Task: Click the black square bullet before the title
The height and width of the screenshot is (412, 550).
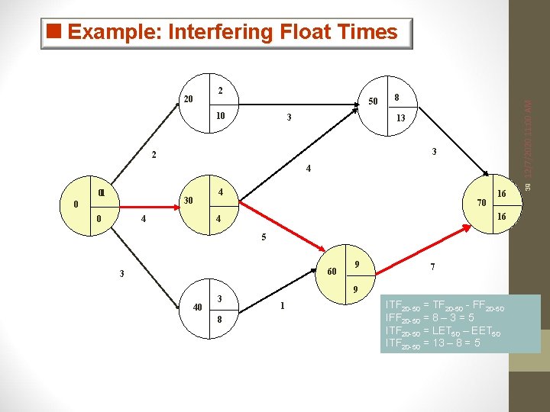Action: click(x=53, y=32)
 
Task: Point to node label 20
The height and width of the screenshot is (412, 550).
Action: click(x=189, y=99)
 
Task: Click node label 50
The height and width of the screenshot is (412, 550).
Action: click(x=373, y=101)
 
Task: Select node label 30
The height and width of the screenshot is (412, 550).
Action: click(x=186, y=201)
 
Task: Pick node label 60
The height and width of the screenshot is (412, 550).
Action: click(x=332, y=272)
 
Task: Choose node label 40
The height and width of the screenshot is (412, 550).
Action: click(x=198, y=307)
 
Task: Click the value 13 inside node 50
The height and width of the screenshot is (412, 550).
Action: click(x=400, y=118)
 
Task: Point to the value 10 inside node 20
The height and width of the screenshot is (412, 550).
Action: click(x=220, y=116)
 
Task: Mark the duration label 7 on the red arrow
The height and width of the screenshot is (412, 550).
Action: click(x=433, y=267)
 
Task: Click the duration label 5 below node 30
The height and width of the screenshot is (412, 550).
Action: click(x=264, y=237)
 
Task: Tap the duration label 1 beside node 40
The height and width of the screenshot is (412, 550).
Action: click(x=282, y=306)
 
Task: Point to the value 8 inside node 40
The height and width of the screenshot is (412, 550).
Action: click(x=219, y=320)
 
